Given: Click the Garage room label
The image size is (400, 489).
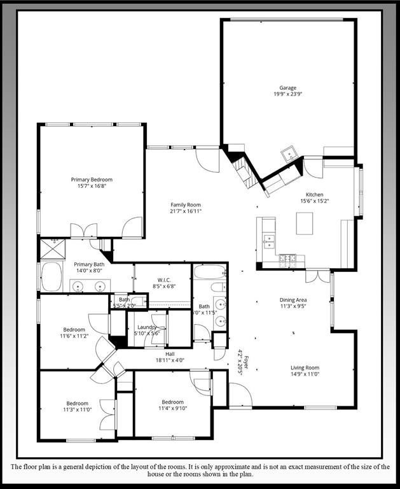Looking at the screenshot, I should coord(288,88).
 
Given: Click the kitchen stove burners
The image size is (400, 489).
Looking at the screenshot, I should coord(288,258).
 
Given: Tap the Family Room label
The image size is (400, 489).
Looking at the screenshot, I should coord(186,204).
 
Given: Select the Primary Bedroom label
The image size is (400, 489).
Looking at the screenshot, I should coord(92,180).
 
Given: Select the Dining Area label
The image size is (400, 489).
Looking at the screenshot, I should coord(293,299).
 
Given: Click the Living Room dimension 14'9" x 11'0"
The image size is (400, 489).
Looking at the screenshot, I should coord(305,374).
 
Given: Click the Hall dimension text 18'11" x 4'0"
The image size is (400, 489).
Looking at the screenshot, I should coord(169,360).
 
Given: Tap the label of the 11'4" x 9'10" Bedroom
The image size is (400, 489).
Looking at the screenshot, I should coord(172,402).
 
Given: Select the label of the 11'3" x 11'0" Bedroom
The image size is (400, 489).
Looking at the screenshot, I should coord(78,403).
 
